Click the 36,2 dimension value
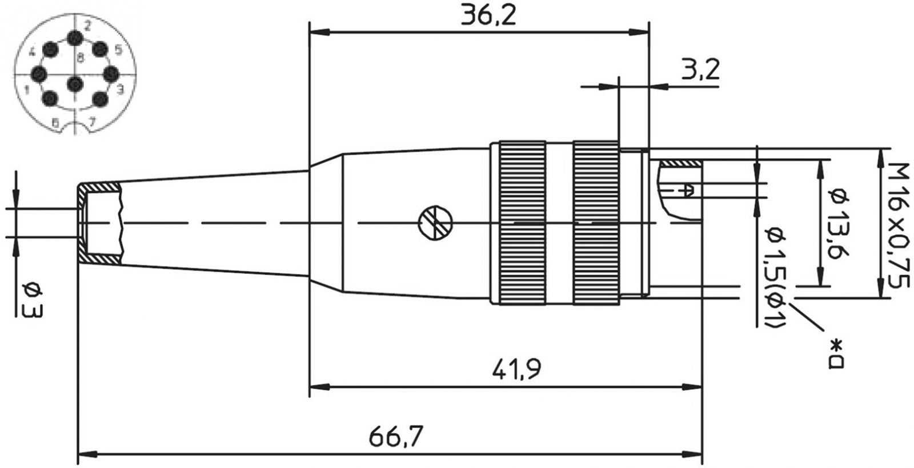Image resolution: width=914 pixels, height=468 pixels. (488, 15)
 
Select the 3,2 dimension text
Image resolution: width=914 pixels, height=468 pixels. (700, 69)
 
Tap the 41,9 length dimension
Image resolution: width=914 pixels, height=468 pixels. (516, 369)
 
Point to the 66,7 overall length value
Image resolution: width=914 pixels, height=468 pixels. (396, 436)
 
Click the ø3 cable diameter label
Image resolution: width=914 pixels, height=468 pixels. (33, 300)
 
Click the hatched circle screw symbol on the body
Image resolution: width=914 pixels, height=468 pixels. (436, 223)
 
